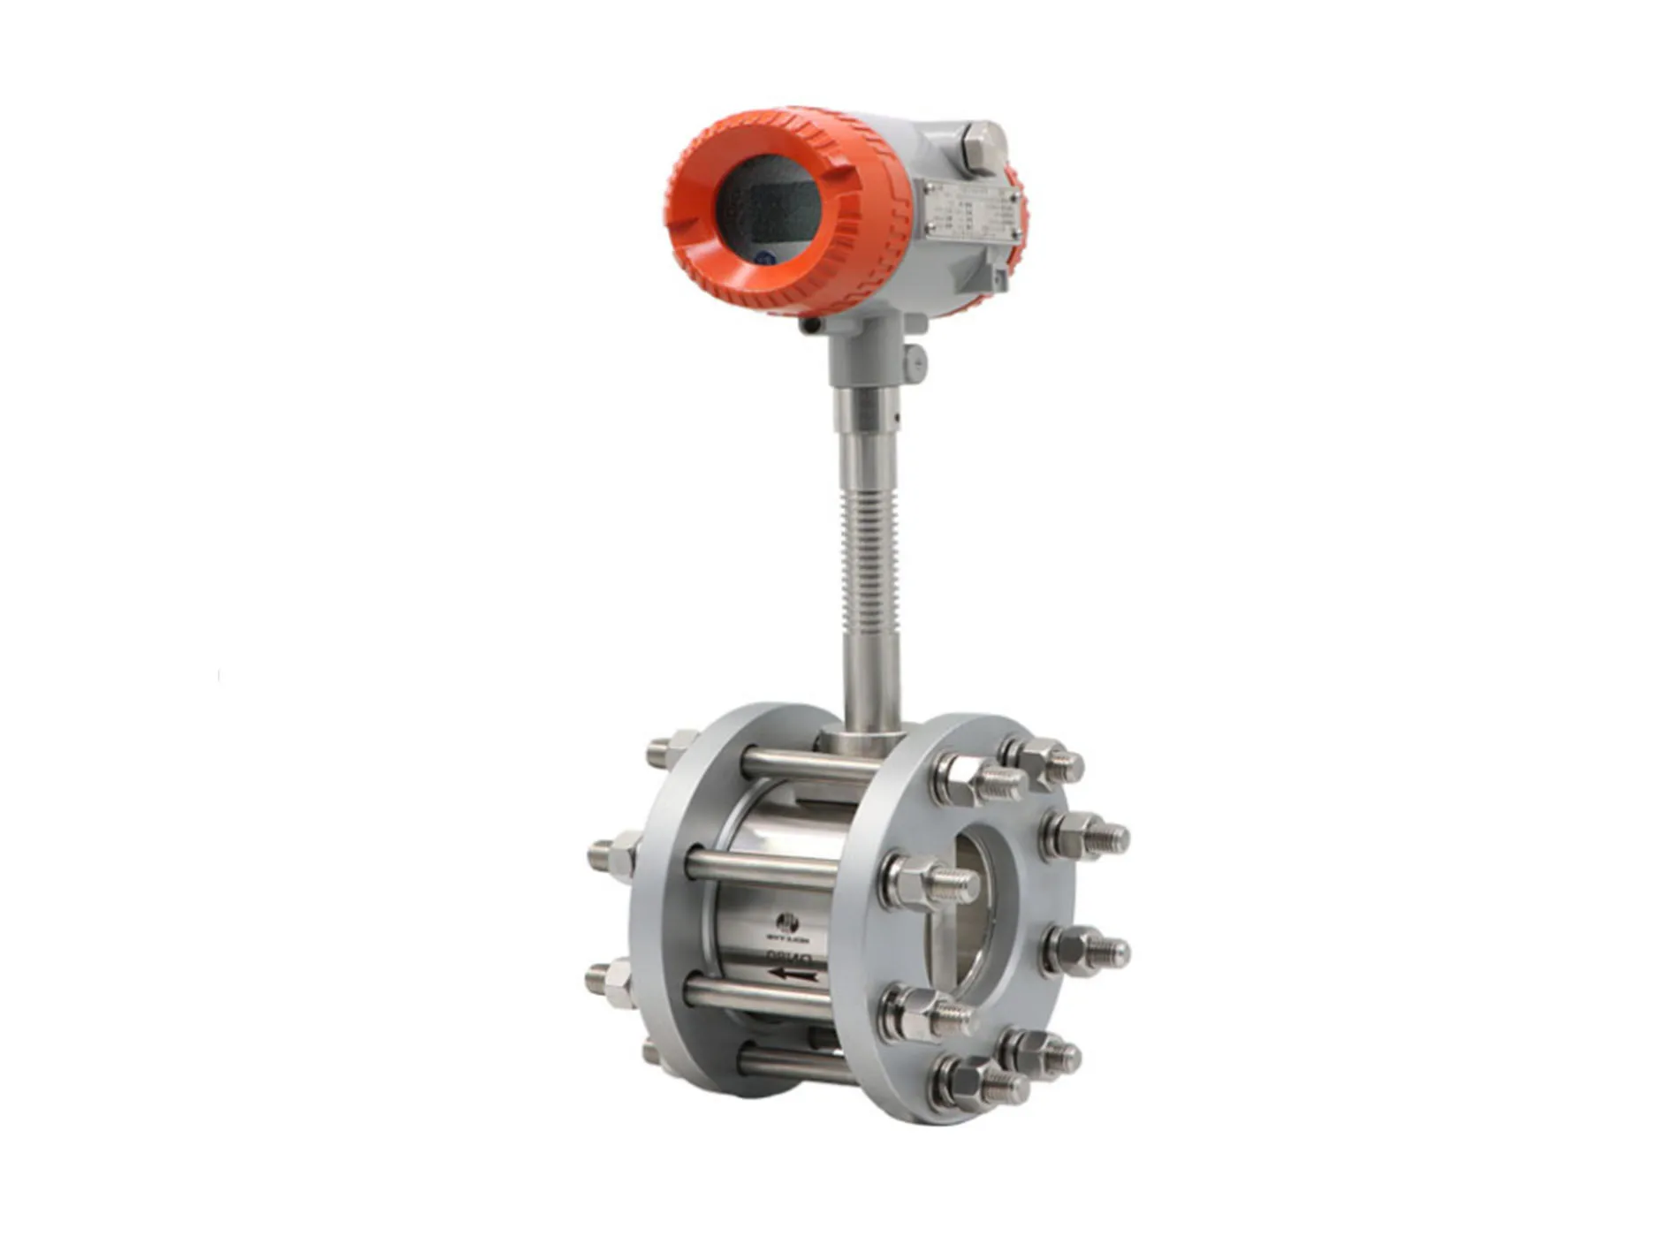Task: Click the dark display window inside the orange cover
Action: point(767,209)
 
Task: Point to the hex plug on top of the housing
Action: point(983,147)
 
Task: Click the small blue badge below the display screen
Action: point(765,259)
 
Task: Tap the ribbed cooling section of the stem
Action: point(868,558)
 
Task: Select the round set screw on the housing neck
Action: point(916,359)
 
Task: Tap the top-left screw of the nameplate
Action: point(930,188)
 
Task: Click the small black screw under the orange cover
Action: point(808,326)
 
